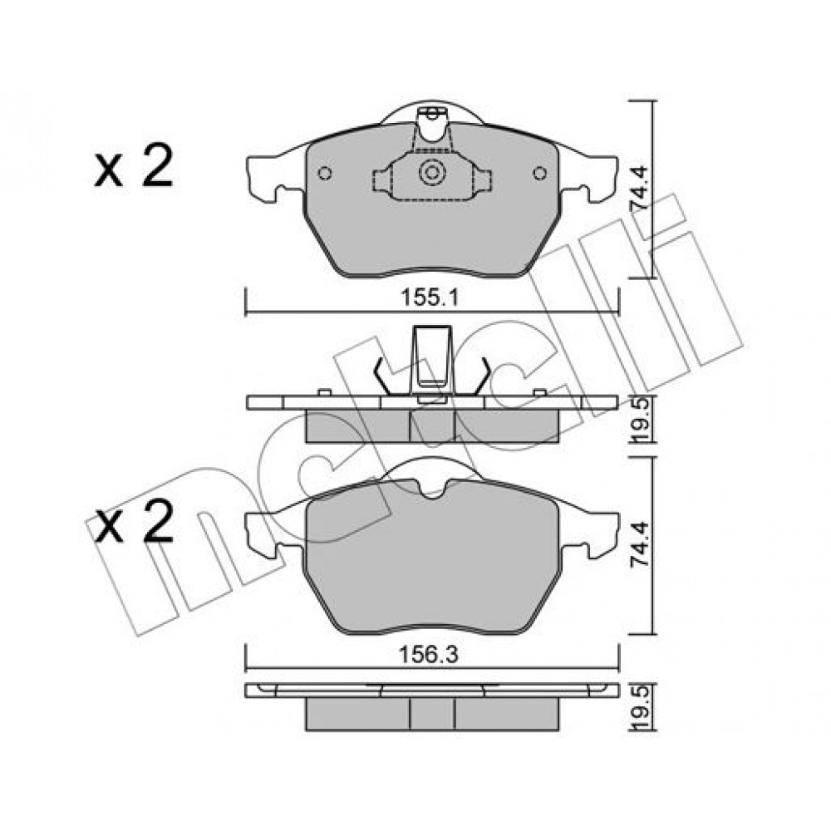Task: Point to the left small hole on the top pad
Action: [324, 174]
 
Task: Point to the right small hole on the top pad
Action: [540, 174]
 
